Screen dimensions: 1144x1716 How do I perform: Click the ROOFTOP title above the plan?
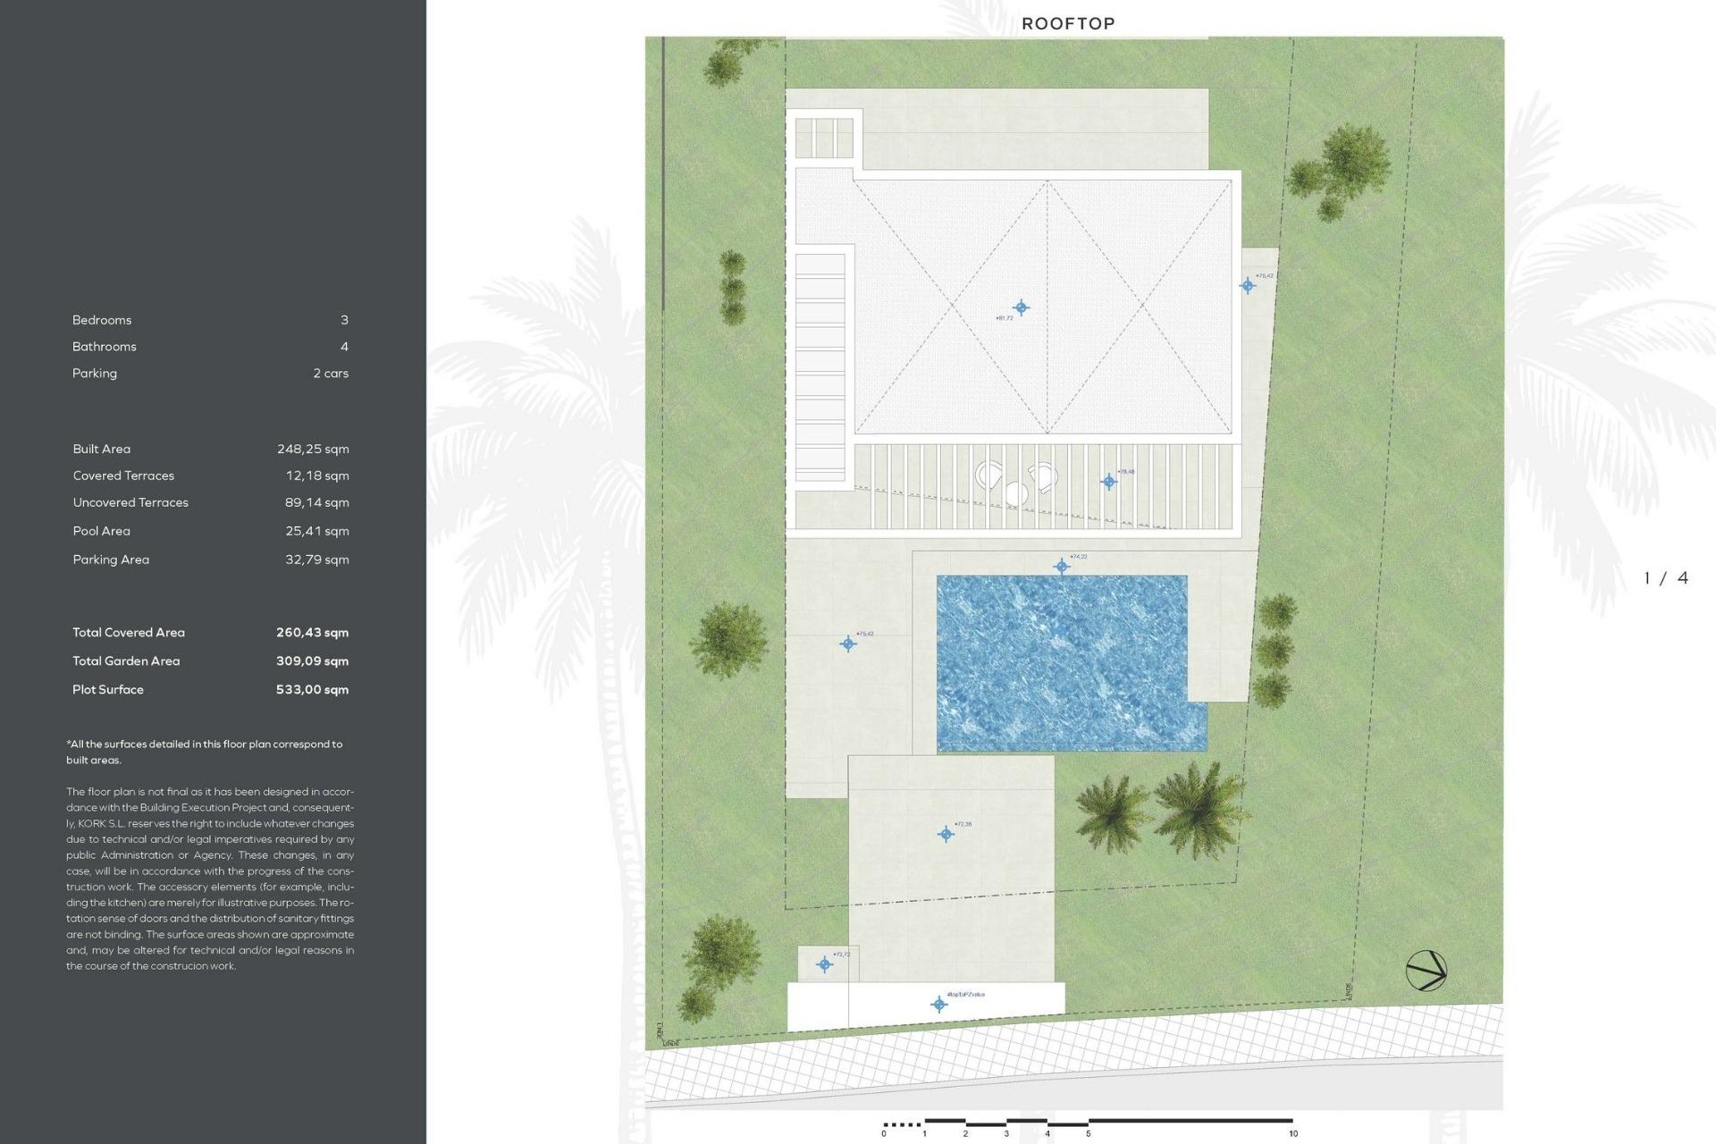coord(1068,24)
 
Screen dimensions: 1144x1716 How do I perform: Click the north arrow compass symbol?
coord(1426,971)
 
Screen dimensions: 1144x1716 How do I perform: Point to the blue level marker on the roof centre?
coord(1021,307)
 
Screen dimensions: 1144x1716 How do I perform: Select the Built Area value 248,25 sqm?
coord(313,449)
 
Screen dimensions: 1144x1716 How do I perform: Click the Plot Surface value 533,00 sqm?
coord(312,689)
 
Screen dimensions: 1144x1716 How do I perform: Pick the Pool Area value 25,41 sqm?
coord(317,531)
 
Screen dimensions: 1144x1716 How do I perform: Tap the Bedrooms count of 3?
coord(344,320)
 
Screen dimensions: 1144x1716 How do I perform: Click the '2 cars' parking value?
coord(331,374)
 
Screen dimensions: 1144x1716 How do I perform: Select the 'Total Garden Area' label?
coord(126,661)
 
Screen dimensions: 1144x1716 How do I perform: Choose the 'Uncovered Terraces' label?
coord(130,502)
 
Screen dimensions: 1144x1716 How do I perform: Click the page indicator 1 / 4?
coord(1666,578)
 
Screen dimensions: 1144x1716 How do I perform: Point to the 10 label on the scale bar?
coord(1293,1134)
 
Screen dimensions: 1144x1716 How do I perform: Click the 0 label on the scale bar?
coord(884,1134)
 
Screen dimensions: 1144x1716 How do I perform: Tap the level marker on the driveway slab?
coord(946,834)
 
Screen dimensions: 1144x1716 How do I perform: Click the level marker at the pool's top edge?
coord(1062,566)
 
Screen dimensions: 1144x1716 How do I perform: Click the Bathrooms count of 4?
coord(344,347)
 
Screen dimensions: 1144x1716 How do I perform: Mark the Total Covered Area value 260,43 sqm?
coord(312,633)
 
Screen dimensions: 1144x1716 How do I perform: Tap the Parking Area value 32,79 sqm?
coord(317,559)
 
